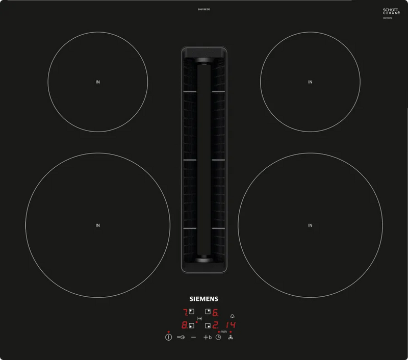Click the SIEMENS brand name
pos(204,299)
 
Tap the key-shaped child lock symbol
pos(181,338)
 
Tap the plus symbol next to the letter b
pos(206,338)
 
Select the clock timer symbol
pos(218,338)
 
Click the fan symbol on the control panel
pos(231,338)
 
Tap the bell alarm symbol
pos(233,316)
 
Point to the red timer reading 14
pos(231,325)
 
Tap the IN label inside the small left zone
pos(97,82)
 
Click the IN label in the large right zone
pos(310,225)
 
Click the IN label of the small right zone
pos(310,82)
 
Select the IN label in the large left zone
pos(97,225)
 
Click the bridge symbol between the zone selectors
pos(199,318)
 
